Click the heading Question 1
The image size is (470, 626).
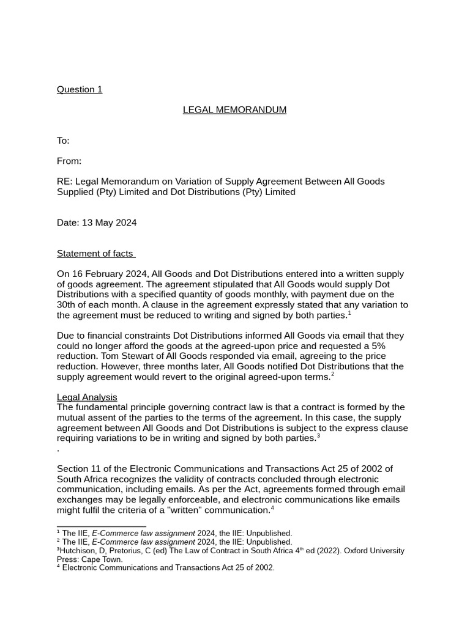[x=80, y=90]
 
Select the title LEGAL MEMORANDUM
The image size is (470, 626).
[x=234, y=110]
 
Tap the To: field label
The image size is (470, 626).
[x=63, y=141]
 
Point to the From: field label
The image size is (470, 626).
[x=69, y=161]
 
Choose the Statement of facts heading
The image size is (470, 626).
[x=95, y=254]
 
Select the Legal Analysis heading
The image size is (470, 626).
[x=87, y=397]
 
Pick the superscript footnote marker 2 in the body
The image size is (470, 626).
[x=333, y=374]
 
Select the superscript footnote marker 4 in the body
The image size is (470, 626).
[x=272, y=507]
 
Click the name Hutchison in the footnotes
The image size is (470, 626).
[x=81, y=551]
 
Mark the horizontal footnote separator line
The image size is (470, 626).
[x=101, y=526]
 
